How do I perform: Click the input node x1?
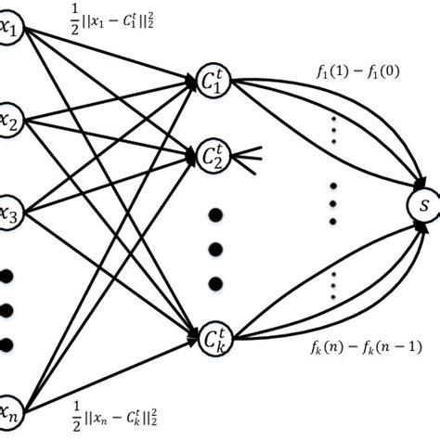11,30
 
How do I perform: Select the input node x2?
11,120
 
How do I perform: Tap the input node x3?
11,211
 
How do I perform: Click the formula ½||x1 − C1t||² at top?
103,17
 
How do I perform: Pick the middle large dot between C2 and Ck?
215,249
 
